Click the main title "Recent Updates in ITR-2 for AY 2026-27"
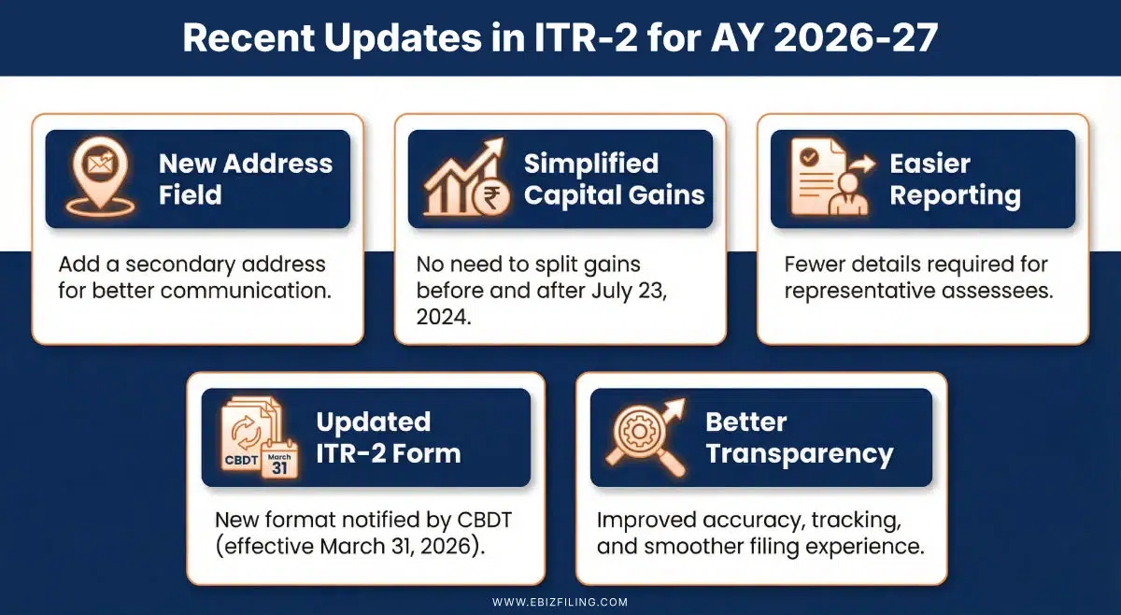click(x=560, y=37)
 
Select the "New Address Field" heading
click(x=245, y=179)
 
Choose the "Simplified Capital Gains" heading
click(x=614, y=179)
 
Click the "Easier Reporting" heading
click(x=954, y=179)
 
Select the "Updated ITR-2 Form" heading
click(x=388, y=437)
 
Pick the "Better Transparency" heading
click(x=799, y=437)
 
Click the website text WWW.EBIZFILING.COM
click(x=560, y=602)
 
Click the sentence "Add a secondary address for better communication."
click(x=194, y=277)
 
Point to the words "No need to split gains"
click(x=528, y=265)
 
